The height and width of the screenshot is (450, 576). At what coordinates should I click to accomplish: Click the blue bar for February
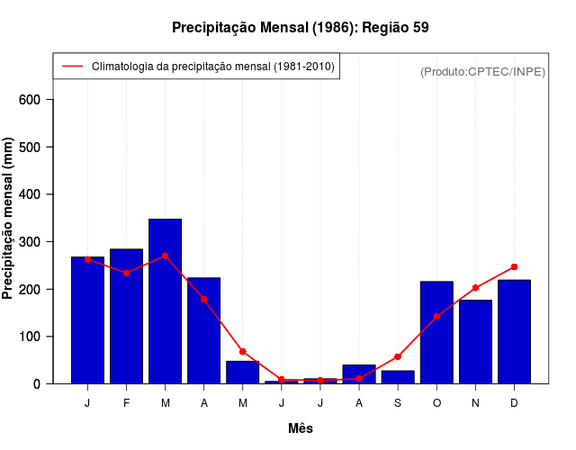(x=126, y=316)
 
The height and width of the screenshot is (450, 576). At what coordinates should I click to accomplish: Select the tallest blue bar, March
(x=165, y=301)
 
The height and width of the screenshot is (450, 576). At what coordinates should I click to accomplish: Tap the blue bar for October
(x=436, y=332)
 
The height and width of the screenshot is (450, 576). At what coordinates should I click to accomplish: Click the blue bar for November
(x=475, y=342)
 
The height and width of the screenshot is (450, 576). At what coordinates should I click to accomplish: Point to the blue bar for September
(x=398, y=377)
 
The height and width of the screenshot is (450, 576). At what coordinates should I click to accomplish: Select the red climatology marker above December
(x=514, y=266)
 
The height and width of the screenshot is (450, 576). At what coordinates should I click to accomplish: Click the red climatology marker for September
(x=398, y=356)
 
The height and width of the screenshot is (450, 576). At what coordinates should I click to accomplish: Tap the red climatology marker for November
(x=475, y=288)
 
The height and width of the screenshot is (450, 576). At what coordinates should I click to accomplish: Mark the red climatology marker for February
(x=126, y=272)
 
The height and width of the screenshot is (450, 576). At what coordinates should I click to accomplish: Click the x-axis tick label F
(x=126, y=403)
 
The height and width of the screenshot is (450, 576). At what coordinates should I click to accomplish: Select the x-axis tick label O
(x=436, y=403)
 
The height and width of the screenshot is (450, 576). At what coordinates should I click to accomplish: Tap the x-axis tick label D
(x=514, y=403)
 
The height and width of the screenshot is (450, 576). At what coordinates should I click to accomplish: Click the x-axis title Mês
(x=301, y=428)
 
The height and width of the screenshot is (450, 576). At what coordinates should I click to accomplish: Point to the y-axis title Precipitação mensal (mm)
(x=9, y=218)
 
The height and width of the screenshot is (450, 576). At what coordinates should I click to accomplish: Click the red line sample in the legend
(x=73, y=67)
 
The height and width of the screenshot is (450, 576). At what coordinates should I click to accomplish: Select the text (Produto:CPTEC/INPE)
(x=483, y=71)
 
